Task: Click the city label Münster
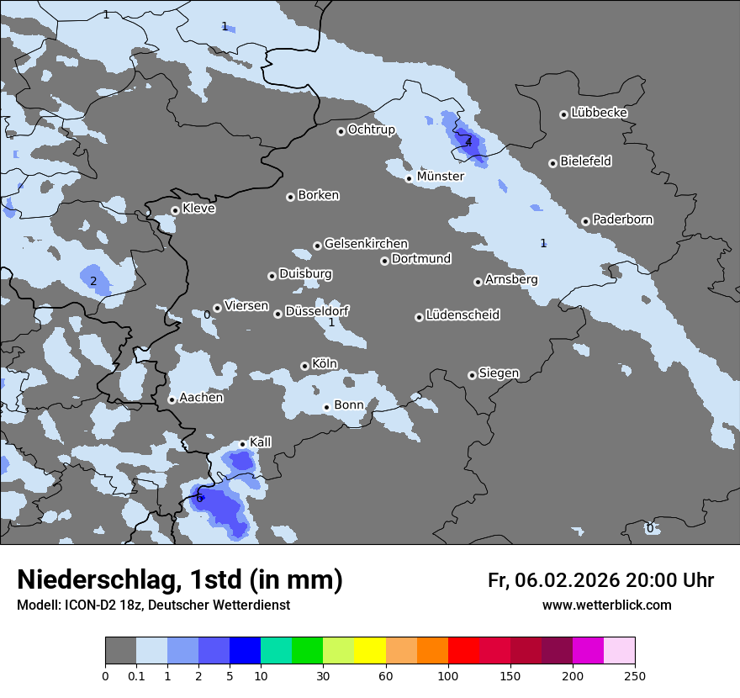440,177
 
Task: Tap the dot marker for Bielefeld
552,163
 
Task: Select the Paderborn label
622,219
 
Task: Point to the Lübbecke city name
599,113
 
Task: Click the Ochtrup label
371,130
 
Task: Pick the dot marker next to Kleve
175,210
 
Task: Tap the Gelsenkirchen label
366,244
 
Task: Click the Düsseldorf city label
317,311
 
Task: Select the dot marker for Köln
304,366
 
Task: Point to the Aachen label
201,398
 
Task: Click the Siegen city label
499,373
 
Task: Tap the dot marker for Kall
242,444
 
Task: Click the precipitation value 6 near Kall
199,498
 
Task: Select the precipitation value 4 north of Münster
468,143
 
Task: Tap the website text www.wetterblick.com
606,605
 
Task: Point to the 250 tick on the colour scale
635,675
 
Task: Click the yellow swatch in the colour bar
370,651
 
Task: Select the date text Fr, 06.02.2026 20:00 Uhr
600,580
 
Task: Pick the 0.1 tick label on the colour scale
136,675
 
